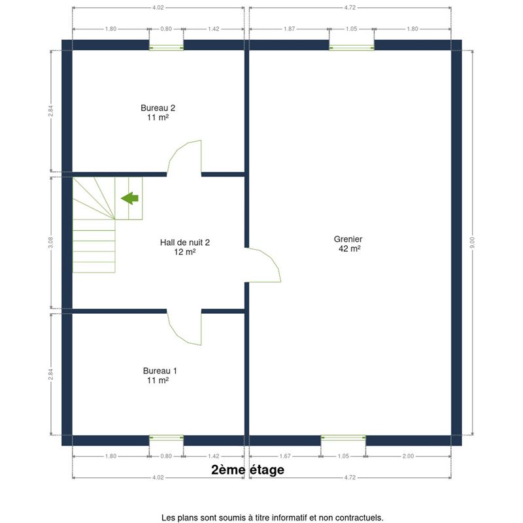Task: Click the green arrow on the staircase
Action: (129, 198)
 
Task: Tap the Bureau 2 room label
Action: (158, 108)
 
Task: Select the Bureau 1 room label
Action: (160, 371)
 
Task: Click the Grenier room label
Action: (348, 239)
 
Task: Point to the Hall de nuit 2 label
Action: (185, 242)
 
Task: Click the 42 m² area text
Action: (349, 248)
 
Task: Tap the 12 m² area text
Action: (185, 252)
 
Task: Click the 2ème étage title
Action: (248, 469)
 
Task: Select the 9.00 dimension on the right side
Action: (472, 243)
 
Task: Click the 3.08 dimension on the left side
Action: (51, 243)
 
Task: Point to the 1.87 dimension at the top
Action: (289, 29)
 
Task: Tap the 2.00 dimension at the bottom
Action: (408, 456)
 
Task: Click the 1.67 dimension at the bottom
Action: (285, 456)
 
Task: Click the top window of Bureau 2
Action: (166, 48)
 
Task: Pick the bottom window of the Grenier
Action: (343, 437)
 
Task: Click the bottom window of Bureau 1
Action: (166, 437)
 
